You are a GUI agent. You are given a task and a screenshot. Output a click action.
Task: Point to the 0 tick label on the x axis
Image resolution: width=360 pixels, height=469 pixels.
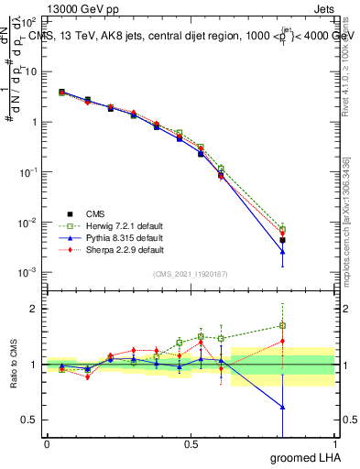47,443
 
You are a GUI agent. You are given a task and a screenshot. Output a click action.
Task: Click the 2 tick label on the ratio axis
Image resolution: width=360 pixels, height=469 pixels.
36,309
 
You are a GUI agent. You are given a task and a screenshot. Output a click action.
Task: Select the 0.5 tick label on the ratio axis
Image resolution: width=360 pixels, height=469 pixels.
31,420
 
